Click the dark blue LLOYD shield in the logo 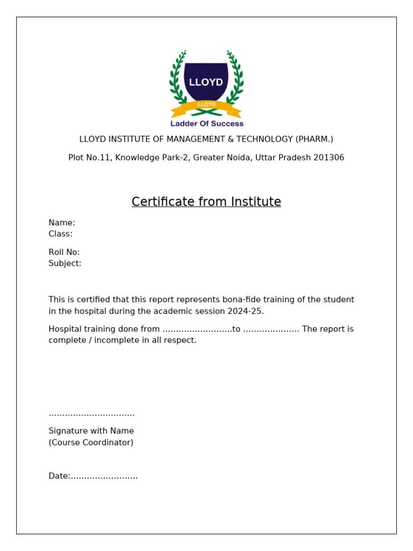206,81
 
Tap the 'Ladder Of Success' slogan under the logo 206,124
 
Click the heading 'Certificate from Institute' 206,202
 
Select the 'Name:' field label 62,223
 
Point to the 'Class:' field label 60,234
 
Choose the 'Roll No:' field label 64,252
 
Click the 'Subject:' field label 65,264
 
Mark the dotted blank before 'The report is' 271,330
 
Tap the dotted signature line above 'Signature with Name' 91,414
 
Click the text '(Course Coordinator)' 91,443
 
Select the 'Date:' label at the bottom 59,476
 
